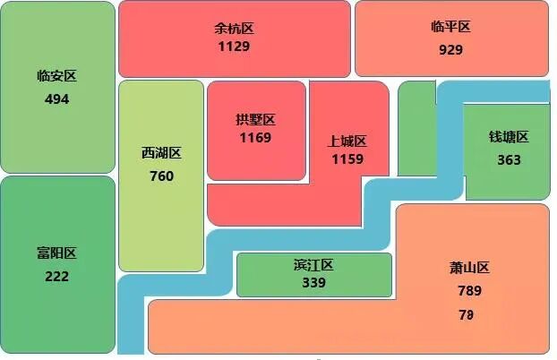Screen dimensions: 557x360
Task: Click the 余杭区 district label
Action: [234, 28]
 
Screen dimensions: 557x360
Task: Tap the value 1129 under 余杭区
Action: [234, 46]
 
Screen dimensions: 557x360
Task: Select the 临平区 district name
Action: [450, 28]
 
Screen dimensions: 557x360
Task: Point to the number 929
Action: [450, 50]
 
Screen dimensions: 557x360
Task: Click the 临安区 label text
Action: [56, 76]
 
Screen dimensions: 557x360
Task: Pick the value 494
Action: [56, 99]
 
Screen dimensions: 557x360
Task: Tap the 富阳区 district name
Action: [56, 253]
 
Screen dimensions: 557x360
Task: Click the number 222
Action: [56, 277]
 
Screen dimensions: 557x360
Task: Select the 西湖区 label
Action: [161, 153]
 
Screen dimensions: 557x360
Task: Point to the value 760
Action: [161, 176]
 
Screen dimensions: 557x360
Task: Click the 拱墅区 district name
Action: [255, 120]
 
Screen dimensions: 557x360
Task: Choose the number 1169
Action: [255, 138]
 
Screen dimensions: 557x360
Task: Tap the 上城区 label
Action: [347, 141]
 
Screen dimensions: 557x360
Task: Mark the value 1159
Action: [347, 159]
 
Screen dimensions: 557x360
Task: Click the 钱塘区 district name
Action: [509, 137]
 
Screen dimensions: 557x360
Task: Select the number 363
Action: [509, 160]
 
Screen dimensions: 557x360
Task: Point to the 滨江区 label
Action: [313, 265]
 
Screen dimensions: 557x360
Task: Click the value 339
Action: [313, 283]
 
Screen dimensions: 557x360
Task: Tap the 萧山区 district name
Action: [469, 268]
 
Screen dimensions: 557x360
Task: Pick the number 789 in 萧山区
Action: [469, 291]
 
